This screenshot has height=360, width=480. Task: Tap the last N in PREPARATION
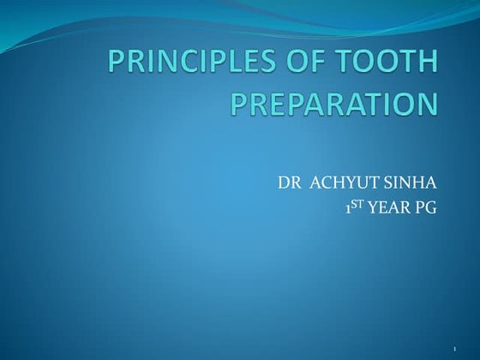point(427,105)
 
